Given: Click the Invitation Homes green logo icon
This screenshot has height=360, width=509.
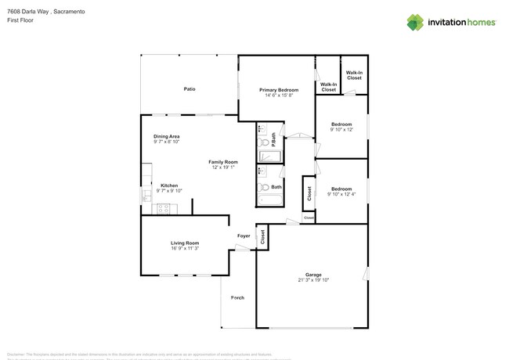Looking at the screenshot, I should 416,22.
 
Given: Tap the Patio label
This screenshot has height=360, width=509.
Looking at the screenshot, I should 190,89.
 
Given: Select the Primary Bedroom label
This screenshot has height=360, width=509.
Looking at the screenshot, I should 280,90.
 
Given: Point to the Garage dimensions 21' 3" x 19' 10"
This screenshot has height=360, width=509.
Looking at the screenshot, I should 313,279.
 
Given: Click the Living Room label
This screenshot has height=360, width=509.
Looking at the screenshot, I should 185,243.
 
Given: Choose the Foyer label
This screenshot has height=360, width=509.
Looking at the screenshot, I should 244,236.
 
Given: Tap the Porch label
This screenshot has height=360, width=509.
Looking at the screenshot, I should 237,298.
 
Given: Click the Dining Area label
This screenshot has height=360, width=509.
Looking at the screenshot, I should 166,136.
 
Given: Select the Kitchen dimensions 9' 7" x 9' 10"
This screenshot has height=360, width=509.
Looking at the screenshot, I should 169,191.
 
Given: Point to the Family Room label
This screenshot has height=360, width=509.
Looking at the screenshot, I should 222,162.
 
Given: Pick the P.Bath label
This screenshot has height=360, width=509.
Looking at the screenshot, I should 273,142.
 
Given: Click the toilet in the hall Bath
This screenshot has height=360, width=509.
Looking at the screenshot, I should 265,187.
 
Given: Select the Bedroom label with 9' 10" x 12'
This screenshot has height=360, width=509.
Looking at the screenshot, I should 341,124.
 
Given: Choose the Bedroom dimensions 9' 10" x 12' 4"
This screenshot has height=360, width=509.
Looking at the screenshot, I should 341,193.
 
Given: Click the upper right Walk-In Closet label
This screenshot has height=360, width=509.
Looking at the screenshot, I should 354,76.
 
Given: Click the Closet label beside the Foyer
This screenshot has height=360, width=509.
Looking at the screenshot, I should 262,237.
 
